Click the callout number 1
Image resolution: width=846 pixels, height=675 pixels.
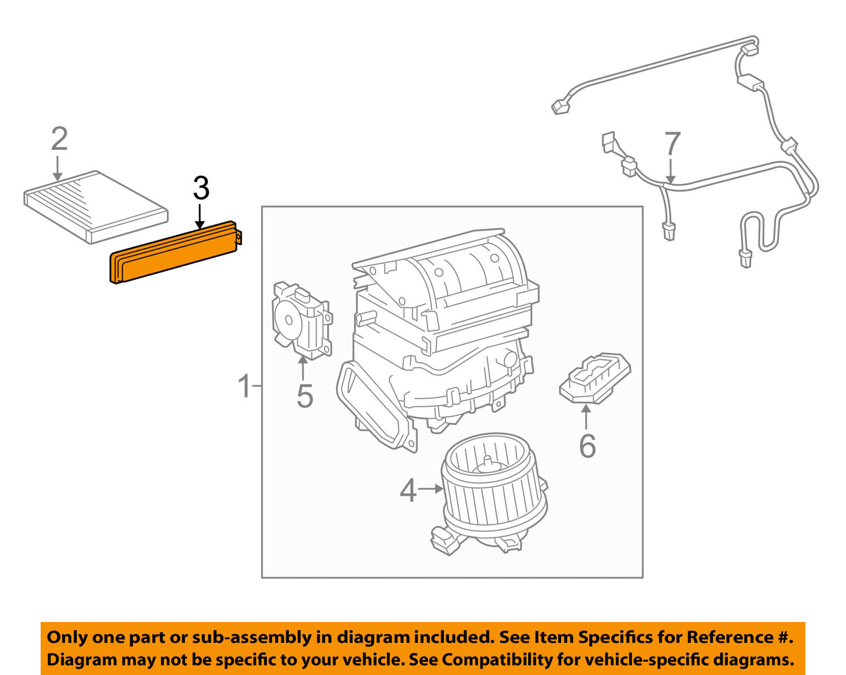click(x=244, y=386)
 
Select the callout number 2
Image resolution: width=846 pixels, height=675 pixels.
click(x=60, y=138)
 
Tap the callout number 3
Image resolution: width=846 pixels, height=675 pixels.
click(x=201, y=188)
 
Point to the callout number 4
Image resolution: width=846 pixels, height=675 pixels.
click(x=408, y=490)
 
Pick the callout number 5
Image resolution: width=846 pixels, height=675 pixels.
click(x=305, y=395)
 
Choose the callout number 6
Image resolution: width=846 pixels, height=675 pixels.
click(x=587, y=446)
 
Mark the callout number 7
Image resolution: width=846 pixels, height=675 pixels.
click(x=672, y=143)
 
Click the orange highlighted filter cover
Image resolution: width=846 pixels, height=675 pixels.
click(x=175, y=252)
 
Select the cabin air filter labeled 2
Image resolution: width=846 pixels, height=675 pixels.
click(x=96, y=207)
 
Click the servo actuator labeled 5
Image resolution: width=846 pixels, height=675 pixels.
click(x=302, y=320)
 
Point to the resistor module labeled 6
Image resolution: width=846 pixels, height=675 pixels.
click(x=595, y=378)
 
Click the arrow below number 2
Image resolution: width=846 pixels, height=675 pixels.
click(x=58, y=168)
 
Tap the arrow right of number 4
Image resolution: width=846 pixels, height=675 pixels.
click(x=431, y=489)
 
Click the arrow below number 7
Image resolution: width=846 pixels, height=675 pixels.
click(x=671, y=171)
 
